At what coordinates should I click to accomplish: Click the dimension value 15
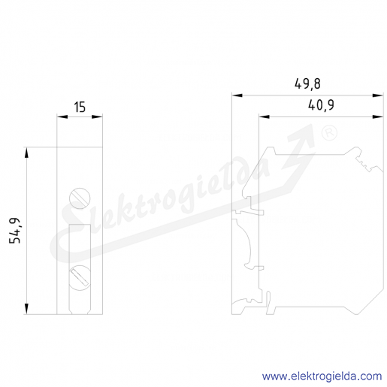click(x=80, y=107)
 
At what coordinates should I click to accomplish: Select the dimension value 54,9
click(x=15, y=231)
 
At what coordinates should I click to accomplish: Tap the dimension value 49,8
click(x=307, y=84)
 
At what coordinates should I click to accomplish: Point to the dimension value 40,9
click(x=321, y=105)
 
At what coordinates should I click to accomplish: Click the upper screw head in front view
click(x=80, y=198)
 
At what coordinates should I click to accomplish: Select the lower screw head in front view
click(x=80, y=278)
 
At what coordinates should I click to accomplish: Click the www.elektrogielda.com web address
click(x=322, y=376)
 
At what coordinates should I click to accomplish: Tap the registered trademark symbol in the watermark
click(x=329, y=133)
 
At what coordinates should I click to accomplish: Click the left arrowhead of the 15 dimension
click(x=62, y=116)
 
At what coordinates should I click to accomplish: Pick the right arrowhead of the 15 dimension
click(x=97, y=116)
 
